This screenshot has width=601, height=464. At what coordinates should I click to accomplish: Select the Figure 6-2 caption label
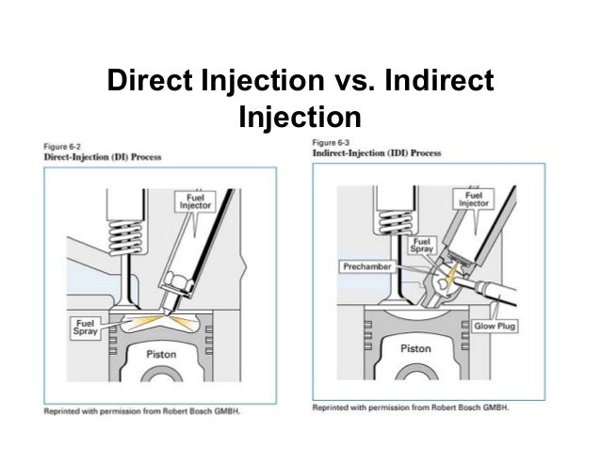pyautogui.click(x=63, y=145)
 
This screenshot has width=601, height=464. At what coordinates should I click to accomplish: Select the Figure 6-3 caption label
pyautogui.click(x=331, y=143)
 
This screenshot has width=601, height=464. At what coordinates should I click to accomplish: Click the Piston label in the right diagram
pyautogui.click(x=415, y=349)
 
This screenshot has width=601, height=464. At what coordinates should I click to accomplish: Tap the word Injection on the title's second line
pyautogui.click(x=300, y=118)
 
